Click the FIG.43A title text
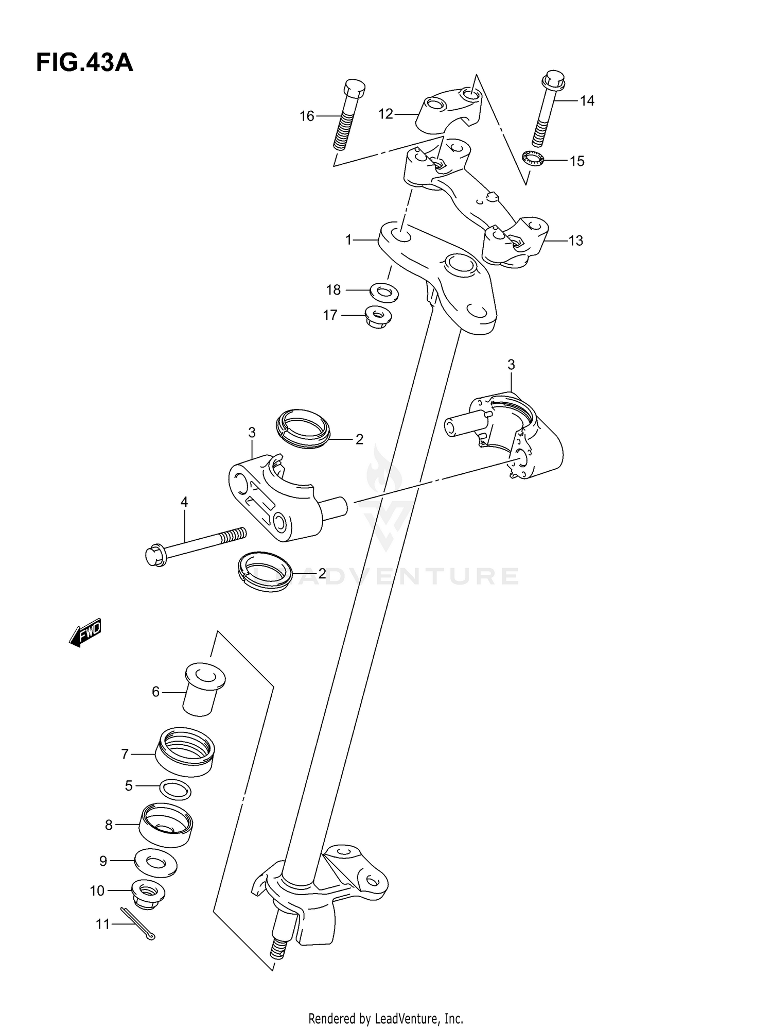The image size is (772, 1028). point(84,63)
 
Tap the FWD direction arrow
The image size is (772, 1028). point(85,632)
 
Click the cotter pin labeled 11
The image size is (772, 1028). point(138,923)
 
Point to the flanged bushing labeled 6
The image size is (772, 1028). point(204,689)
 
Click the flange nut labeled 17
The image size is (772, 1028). point(378,316)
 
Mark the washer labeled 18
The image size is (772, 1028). point(384,291)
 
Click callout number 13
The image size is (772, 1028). point(576,241)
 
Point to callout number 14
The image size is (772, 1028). point(587,101)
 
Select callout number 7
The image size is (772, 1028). point(125,755)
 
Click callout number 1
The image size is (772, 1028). point(348,240)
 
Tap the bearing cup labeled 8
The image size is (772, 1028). point(166,826)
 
